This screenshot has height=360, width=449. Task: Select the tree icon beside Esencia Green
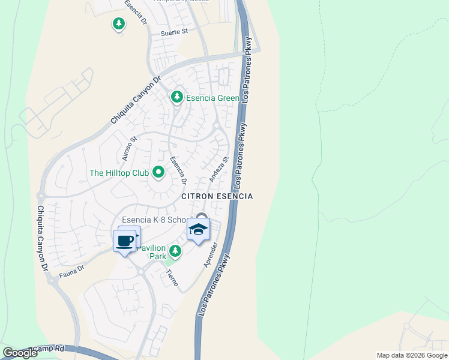176,97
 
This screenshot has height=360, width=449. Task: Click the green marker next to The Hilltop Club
158,173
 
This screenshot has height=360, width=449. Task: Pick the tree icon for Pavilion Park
175,250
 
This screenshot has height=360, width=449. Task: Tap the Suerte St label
174,32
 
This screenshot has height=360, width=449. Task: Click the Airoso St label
130,148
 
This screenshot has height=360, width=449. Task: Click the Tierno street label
172,277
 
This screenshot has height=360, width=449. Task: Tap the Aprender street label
209,254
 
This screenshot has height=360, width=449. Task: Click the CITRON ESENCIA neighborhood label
217,196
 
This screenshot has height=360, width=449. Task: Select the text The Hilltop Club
119,173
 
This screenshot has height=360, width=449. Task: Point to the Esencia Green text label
212,98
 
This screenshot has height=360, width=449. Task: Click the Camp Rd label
49,348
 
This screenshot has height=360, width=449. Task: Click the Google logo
20,353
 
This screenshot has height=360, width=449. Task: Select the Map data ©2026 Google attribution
412,355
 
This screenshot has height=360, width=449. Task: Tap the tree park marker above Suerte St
119,24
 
